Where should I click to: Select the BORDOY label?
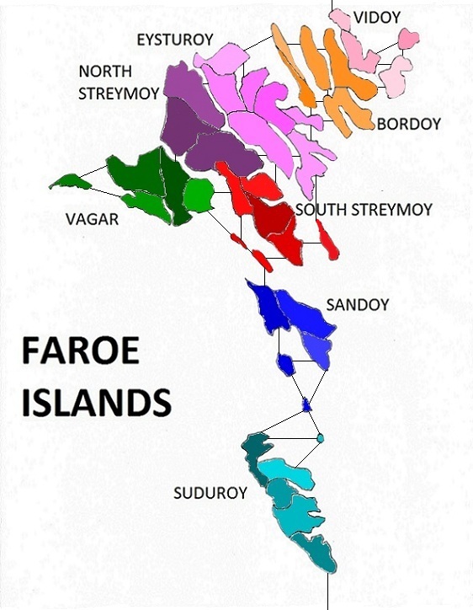pyautogui.click(x=409, y=124)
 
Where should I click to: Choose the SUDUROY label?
pyautogui.click(x=210, y=493)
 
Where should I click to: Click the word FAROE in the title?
pyautogui.click(x=80, y=352)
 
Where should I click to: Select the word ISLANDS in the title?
pyautogui.click(x=96, y=402)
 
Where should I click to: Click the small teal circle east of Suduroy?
pyautogui.click(x=320, y=438)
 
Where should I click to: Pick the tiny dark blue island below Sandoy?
pyautogui.click(x=307, y=406)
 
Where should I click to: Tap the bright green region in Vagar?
pyautogui.click(x=199, y=195)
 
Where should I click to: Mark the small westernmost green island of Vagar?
pyautogui.click(x=71, y=180)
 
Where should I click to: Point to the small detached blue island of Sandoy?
pyautogui.click(x=286, y=365)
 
